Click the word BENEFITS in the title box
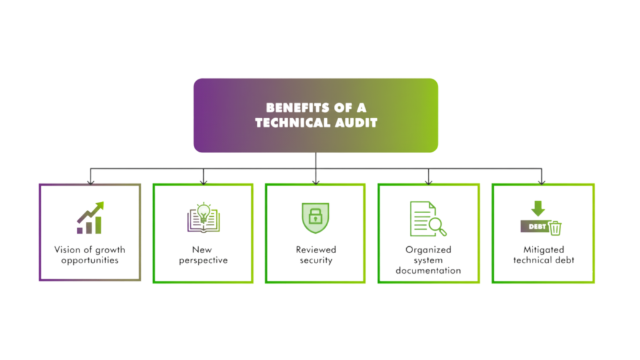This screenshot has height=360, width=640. click(x=291, y=107)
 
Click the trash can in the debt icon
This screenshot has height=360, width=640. click(x=555, y=228)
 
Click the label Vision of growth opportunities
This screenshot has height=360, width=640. click(x=90, y=254)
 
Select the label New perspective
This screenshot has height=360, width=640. click(x=202, y=254)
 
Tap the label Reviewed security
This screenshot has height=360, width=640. click(x=316, y=254)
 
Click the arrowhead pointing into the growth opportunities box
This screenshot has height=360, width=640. click(x=91, y=181)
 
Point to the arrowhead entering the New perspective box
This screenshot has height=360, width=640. click(x=202, y=181)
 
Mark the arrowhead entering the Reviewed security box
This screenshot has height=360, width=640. click(x=316, y=181)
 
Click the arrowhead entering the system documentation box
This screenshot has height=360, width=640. click(x=429, y=181)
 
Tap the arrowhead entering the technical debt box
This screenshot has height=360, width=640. click(x=542, y=181)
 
